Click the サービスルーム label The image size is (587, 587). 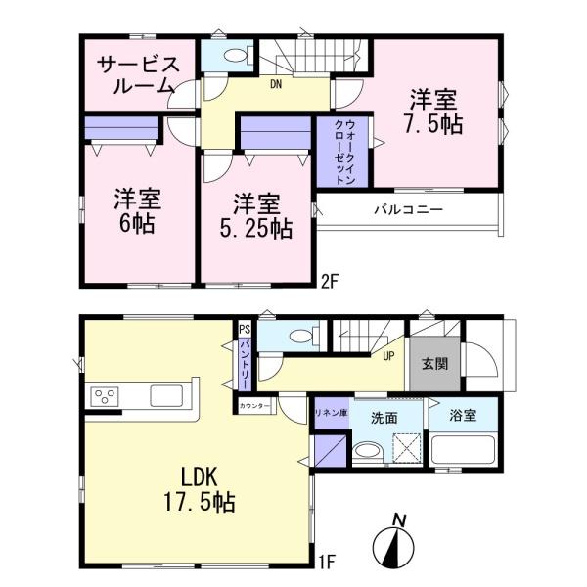tap(138, 75)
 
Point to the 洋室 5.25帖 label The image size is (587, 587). tap(257, 216)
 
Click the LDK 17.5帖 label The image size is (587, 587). tap(207, 492)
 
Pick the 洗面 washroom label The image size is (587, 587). tap(383, 416)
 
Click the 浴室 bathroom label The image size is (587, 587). tap(463, 416)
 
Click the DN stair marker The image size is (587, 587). tap(277, 84)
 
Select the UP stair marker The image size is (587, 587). tap(388, 355)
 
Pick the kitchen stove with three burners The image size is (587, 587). tap(106, 396)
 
